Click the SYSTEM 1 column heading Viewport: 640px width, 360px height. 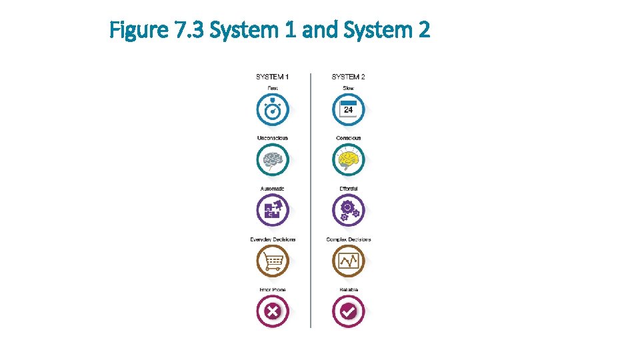pos(272,77)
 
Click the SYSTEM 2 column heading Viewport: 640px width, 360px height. pos(348,77)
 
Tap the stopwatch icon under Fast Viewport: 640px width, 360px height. pos(273,110)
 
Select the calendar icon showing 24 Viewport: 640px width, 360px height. pos(348,110)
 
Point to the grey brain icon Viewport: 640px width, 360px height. pos(273,161)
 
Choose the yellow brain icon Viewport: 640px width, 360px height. pos(348,161)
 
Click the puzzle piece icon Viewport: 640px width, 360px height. pos(273,211)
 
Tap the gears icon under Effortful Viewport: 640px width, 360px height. pos(348,211)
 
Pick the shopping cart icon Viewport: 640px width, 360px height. pos(273,261)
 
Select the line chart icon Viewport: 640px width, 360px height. pos(348,261)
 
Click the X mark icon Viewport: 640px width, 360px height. pos(273,311)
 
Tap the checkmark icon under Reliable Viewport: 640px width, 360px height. pos(348,311)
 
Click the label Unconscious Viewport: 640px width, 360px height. pos(273,138)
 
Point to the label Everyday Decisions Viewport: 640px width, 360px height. pos(273,239)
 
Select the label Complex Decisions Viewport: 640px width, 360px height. pos(349,239)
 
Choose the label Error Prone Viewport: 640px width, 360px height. pos(273,289)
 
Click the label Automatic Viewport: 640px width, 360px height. pos(273,189)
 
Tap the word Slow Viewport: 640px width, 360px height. pos(348,88)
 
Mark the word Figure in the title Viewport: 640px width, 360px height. pos(136,30)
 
